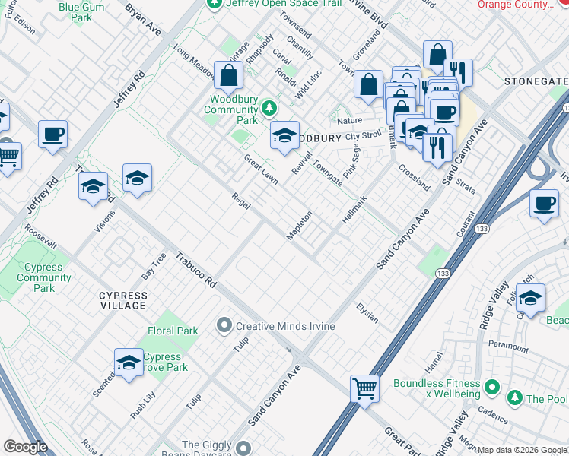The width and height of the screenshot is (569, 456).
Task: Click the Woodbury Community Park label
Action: click(232, 109)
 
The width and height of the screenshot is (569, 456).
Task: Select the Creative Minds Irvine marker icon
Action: click(224, 326)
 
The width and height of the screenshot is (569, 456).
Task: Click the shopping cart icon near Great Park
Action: click(365, 388)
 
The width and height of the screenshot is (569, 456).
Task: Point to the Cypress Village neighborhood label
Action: click(122, 300)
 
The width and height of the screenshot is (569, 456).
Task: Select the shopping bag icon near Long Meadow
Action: click(229, 75)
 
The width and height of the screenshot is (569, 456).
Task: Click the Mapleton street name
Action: click(300, 225)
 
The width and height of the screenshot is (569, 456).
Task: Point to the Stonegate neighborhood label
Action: click(536, 81)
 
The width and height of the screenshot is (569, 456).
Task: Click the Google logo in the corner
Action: click(25, 447)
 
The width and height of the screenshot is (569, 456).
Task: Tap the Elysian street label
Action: click(367, 312)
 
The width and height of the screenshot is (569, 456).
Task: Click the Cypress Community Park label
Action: click(44, 277)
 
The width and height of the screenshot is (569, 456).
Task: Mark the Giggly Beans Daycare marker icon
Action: click(243, 448)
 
